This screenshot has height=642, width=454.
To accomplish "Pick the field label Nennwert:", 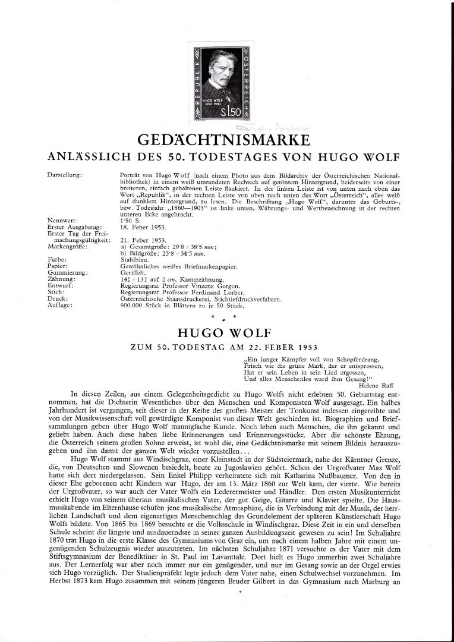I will click(x=61, y=221).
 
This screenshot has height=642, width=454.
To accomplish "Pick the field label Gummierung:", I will click(x=65, y=272).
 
